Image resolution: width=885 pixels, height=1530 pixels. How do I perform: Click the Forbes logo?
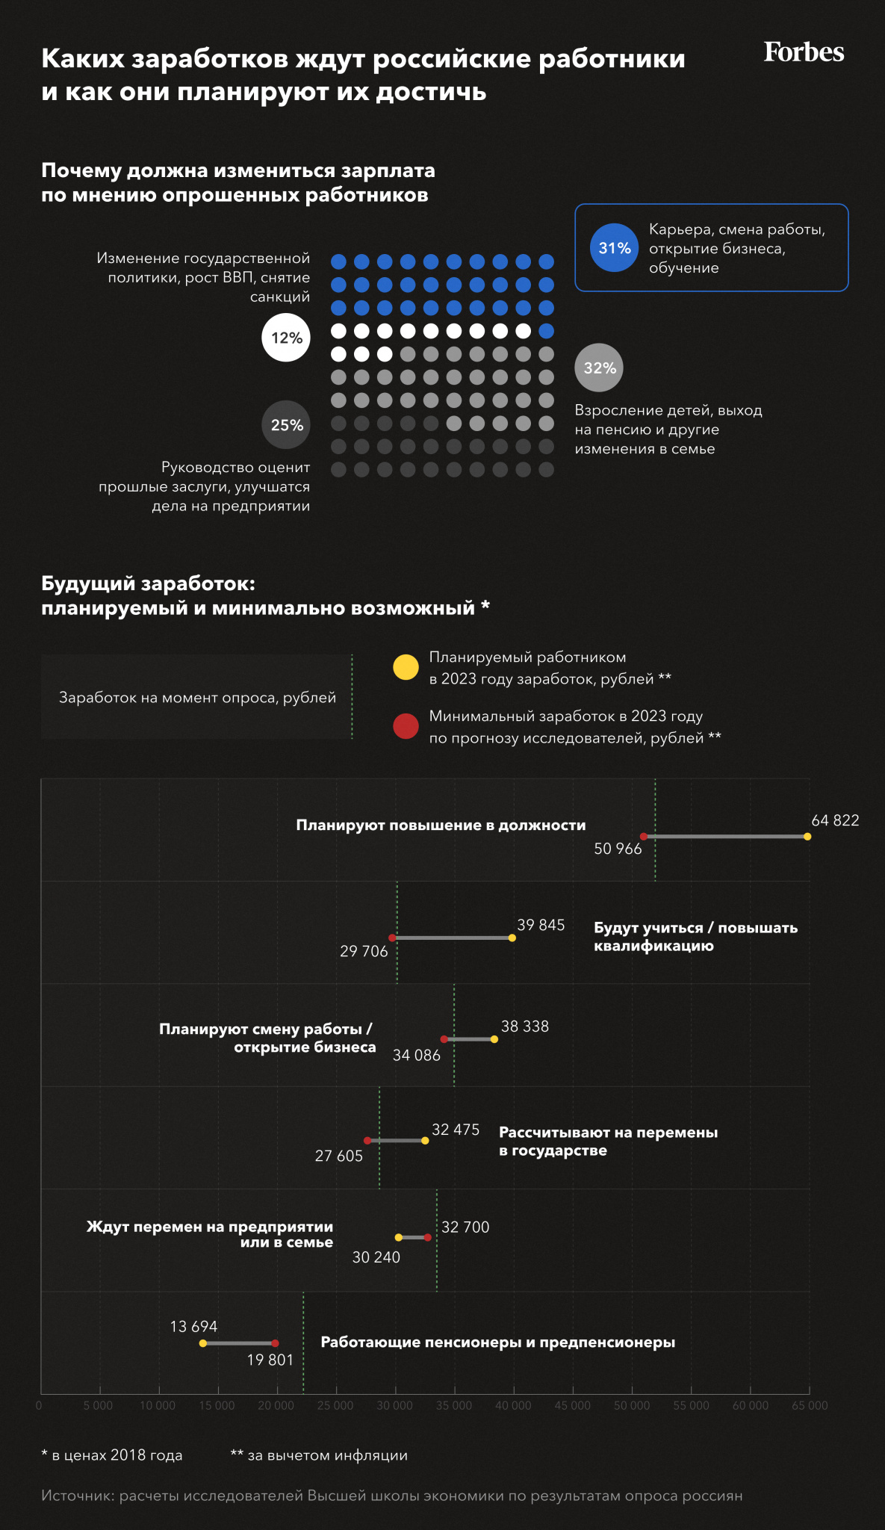[804, 52]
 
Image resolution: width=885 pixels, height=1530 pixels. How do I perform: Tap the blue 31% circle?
[614, 248]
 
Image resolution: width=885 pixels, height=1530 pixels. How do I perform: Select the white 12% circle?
[286, 338]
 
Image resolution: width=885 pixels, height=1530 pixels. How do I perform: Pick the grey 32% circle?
[599, 368]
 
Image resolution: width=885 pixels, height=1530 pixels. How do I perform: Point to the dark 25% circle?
[286, 425]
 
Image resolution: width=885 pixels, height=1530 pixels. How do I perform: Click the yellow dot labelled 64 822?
[807, 837]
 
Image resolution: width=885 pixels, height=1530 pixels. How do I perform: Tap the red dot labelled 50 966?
[644, 837]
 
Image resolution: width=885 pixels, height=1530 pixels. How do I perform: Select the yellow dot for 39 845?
[512, 938]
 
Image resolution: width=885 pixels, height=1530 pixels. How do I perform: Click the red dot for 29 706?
[392, 938]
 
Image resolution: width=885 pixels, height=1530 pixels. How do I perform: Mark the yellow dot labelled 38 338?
[494, 1039]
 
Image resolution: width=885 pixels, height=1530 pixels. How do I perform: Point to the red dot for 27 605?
[367, 1141]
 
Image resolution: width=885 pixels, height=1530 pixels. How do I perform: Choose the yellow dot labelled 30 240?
[399, 1238]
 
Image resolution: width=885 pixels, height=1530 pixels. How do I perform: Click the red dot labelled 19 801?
[276, 1343]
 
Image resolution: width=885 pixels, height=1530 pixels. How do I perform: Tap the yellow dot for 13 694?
[203, 1343]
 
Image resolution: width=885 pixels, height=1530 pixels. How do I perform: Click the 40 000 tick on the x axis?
[514, 1405]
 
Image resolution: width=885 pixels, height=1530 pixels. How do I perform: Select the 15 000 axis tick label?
[218, 1405]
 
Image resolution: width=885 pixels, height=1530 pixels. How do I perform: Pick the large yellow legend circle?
[406, 667]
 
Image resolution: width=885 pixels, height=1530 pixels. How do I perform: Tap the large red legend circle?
[406, 726]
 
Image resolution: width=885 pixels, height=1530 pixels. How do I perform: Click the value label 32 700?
[465, 1227]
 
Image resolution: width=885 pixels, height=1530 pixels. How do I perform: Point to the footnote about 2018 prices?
[112, 1455]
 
